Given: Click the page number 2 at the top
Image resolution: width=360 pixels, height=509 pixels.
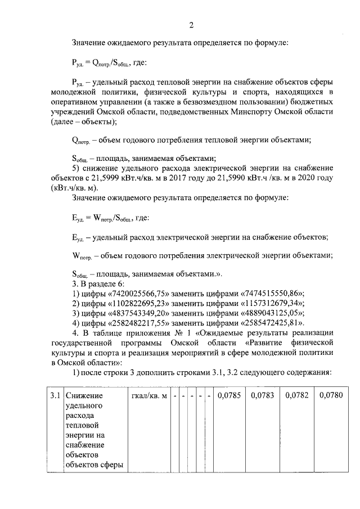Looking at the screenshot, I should point(191,25).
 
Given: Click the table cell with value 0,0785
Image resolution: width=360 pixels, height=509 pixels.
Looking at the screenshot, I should point(228,396).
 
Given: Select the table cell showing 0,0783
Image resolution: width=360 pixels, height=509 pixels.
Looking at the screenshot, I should point(263,396).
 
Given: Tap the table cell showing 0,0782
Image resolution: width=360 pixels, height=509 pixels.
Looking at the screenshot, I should point(297,396).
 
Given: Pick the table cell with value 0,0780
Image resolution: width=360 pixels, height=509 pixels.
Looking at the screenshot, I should point(331,396).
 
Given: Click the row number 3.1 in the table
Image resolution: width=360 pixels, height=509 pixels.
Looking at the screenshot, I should point(55,396).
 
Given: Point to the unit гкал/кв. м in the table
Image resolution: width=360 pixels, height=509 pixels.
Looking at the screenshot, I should point(149,396).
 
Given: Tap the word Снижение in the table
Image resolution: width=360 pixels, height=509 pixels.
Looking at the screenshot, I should point(83,396).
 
